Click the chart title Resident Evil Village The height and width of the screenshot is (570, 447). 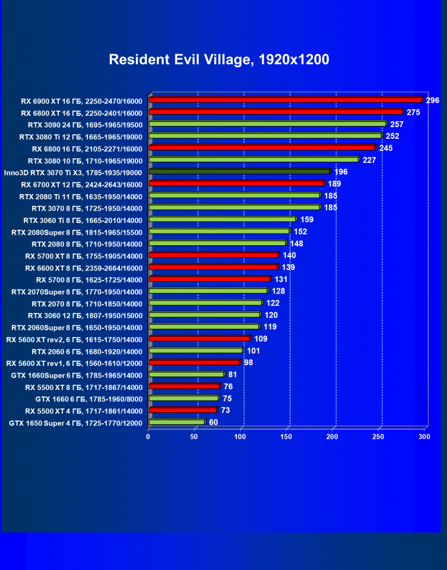coord(219,59)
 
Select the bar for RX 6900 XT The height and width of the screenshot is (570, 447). coord(286,99)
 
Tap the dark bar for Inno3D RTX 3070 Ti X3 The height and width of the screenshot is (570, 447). coord(239,172)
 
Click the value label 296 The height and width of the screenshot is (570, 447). coord(433,100)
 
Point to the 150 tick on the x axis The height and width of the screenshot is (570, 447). coord(286,436)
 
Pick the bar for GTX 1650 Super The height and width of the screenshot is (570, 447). coord(177,422)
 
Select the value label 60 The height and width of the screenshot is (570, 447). coord(214,422)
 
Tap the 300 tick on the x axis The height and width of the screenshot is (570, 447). coord(424,436)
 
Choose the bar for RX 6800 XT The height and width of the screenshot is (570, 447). coord(276,112)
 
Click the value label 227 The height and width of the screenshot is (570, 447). coord(369,159)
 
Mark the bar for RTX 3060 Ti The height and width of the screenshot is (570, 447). coord(222,219)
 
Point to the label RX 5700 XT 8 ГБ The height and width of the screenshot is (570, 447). coord(84,256)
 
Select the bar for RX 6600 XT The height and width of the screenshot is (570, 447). coord(214,267)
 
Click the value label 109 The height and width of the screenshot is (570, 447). coord(261,339)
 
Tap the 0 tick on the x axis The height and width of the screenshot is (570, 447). coord(148,436)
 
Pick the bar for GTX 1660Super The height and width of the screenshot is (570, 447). coord(186,374)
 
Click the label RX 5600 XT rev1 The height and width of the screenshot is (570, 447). coord(74,363)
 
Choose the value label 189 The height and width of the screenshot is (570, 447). coord(335,184)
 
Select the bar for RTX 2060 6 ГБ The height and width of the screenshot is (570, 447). coord(196,351)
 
